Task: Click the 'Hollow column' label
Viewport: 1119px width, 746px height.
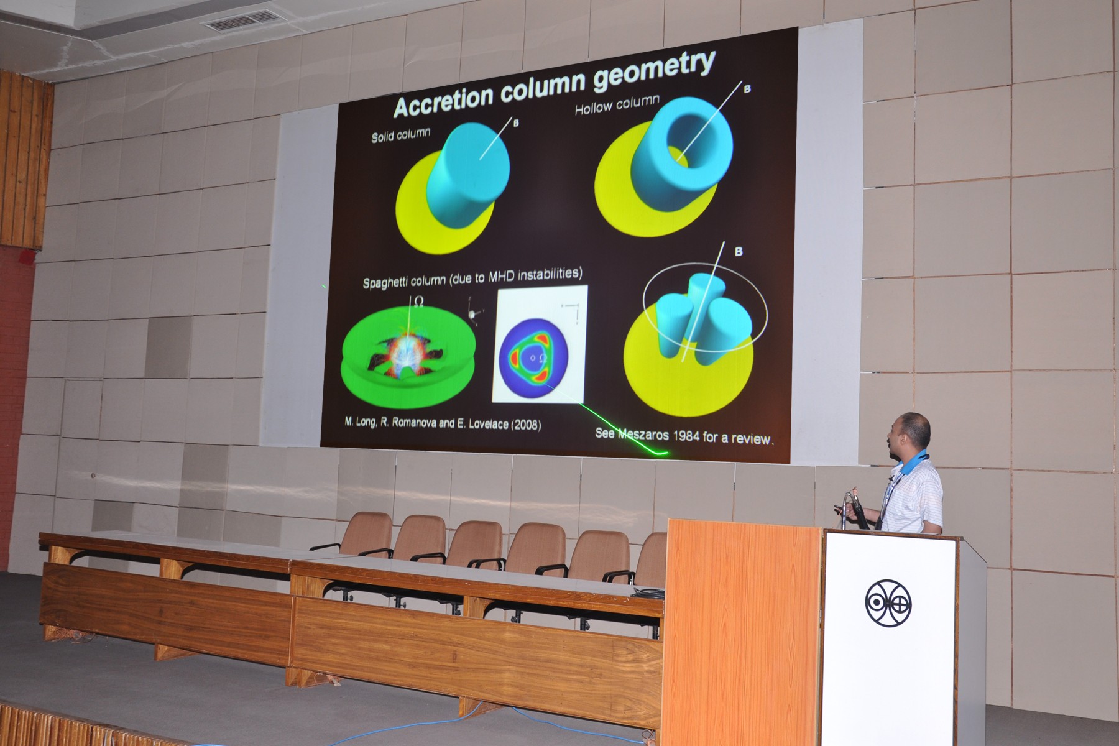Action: [x=617, y=105]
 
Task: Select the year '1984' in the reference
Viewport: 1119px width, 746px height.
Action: [x=684, y=435]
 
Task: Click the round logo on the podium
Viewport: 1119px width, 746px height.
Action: [x=888, y=603]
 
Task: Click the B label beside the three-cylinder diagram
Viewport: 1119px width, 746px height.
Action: [x=738, y=252]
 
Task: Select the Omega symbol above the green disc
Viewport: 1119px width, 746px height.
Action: [x=418, y=303]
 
